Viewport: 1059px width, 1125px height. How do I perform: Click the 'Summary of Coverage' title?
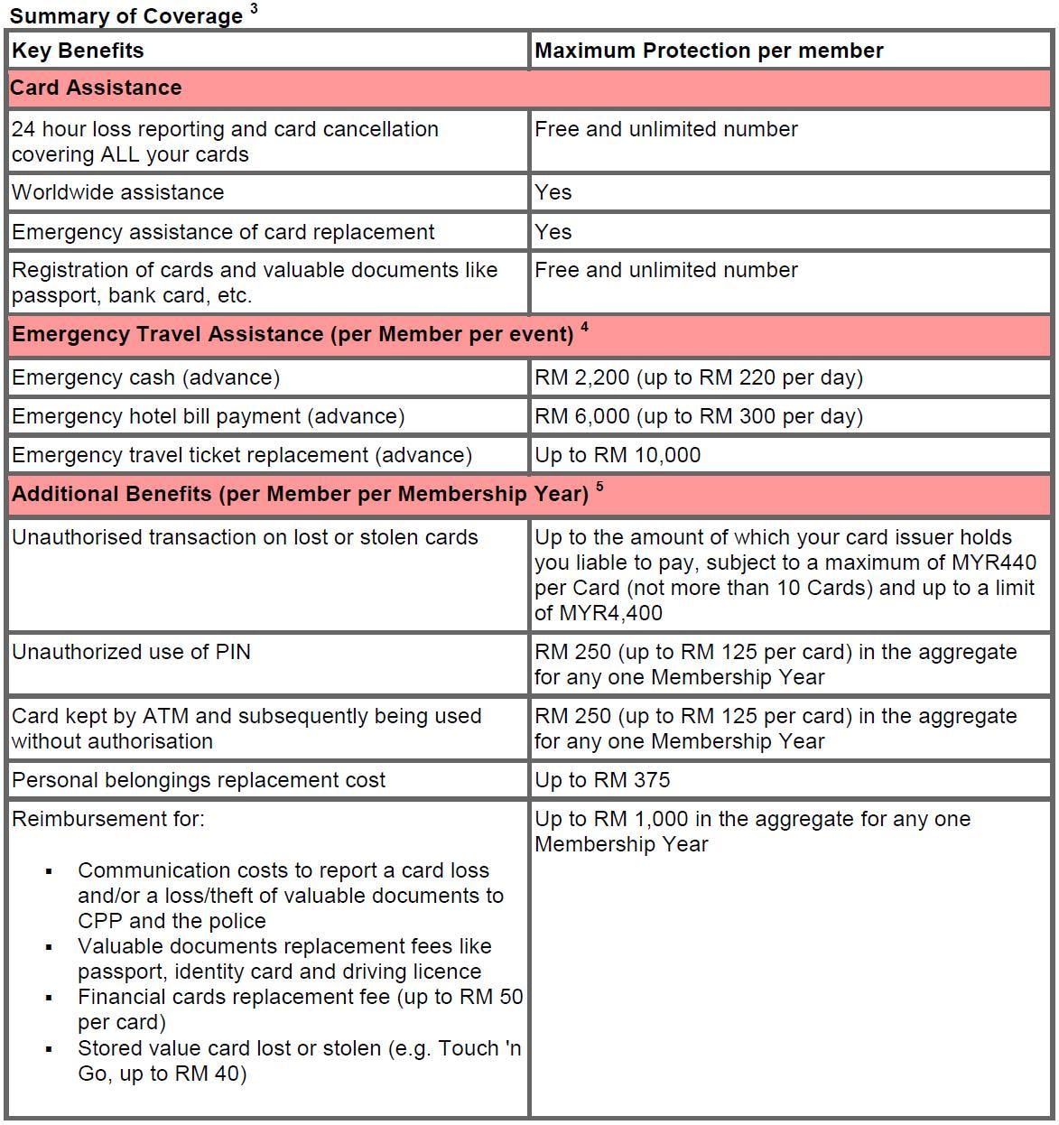coord(126,16)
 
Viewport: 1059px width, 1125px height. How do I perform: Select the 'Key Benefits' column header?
coord(78,51)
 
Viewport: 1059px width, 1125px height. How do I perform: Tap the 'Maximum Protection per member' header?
coord(709,51)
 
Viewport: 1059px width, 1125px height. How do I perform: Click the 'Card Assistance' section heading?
coord(96,88)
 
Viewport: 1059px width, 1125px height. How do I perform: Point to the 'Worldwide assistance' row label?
coord(117,192)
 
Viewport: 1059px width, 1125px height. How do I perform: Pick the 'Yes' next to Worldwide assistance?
coord(553,192)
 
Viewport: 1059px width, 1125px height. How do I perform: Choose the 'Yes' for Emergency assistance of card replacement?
coord(553,232)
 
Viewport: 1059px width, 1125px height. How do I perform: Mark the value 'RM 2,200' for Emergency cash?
coord(582,377)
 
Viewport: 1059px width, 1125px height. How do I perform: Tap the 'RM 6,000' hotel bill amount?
coord(582,416)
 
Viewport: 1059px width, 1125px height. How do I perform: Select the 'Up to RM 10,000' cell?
coord(618,455)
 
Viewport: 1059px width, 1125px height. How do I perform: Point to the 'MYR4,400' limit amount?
coord(610,613)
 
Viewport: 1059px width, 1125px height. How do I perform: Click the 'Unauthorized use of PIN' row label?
coord(131,652)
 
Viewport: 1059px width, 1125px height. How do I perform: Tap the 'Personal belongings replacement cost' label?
coord(199,780)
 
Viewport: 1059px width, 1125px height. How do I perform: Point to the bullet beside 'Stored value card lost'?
coord(49,1050)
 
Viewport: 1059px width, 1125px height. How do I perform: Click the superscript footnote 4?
coord(584,327)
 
